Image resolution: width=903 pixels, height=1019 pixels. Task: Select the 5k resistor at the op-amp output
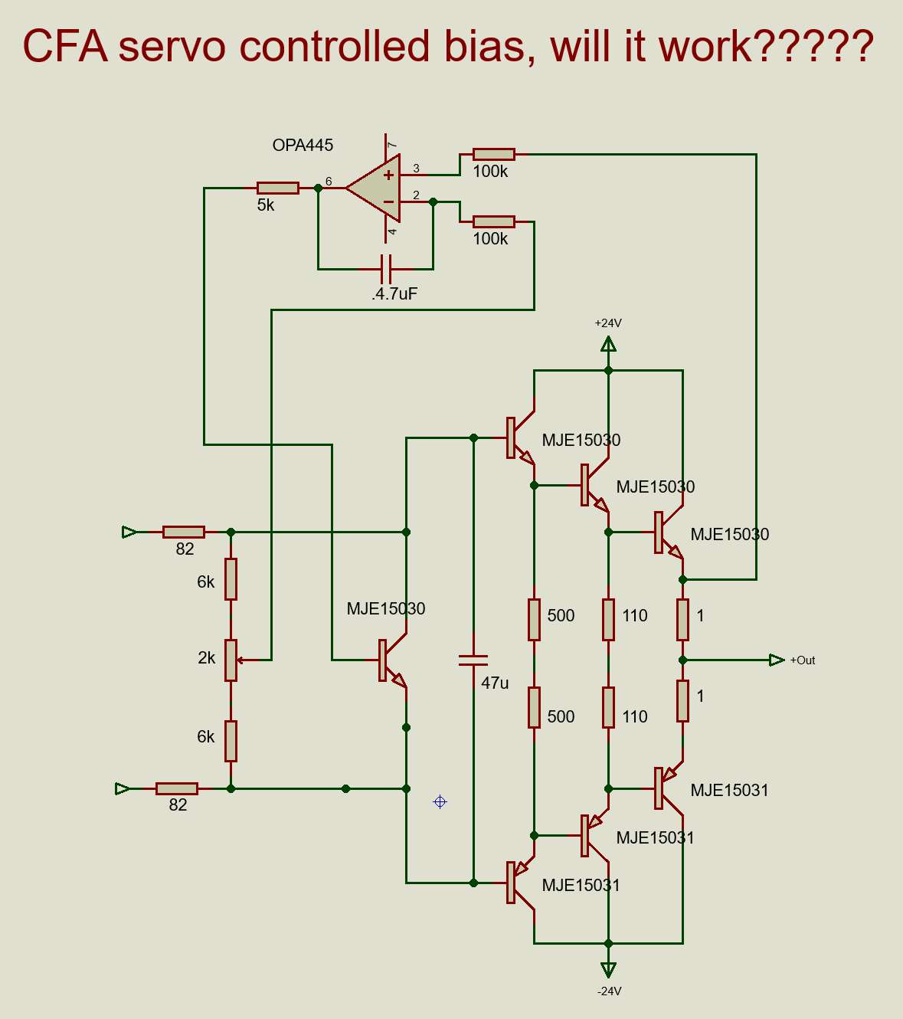pos(277,188)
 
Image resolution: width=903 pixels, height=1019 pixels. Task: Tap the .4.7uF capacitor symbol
pos(386,269)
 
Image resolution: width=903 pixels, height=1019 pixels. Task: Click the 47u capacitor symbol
pos(473,660)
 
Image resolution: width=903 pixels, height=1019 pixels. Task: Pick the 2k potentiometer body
pos(231,660)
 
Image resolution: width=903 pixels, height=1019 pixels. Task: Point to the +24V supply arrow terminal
pos(608,345)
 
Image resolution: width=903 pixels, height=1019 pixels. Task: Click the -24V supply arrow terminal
pos(608,970)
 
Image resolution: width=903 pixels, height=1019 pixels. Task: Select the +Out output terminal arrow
pos(777,660)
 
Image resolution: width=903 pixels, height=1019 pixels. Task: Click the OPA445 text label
pos(303,146)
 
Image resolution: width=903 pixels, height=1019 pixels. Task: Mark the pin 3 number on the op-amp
pos(417,169)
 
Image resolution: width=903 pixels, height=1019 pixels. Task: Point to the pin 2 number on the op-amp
pos(417,195)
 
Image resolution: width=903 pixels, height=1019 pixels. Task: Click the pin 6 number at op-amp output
pos(329,181)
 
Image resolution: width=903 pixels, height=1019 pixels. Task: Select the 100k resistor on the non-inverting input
pos(494,155)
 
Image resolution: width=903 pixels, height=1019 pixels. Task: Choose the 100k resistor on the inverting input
pos(494,222)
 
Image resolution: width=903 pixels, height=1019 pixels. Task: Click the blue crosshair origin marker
pos(440,801)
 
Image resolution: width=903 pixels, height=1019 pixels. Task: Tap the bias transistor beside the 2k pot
pos(393,660)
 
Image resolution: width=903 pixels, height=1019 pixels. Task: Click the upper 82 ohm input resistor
pos(184,532)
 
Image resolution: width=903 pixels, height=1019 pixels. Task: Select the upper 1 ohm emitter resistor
pos(682,620)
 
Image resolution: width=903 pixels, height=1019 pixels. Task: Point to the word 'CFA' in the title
pos(65,47)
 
